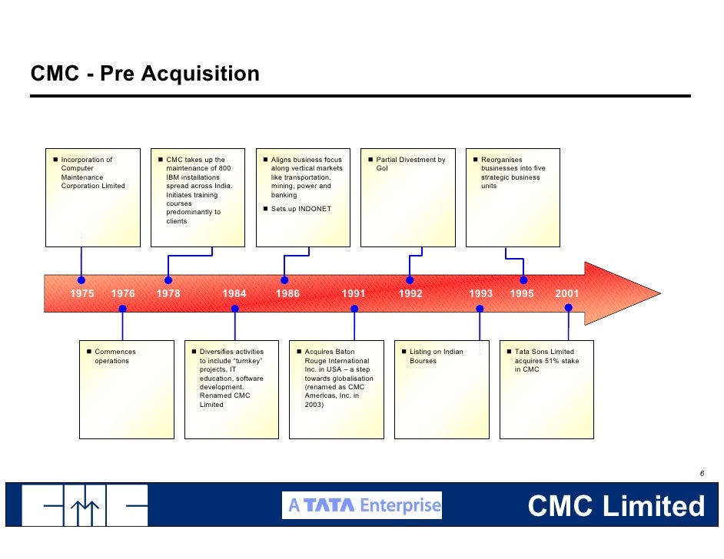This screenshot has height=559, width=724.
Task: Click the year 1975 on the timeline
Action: tap(82, 293)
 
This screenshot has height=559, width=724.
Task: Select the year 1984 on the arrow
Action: tap(234, 293)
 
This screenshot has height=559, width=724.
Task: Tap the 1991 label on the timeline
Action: tap(354, 293)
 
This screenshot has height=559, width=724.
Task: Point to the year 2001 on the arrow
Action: tap(567, 293)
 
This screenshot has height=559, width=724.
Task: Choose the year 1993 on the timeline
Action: tap(481, 293)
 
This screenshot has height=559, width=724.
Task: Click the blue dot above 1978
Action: tap(168, 280)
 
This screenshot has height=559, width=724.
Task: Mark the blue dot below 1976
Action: tap(122, 309)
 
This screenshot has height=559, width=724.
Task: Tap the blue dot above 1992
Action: tap(410, 280)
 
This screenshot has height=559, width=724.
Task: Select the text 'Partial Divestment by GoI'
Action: tap(410, 164)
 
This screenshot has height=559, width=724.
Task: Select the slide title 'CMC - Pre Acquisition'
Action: tap(144, 74)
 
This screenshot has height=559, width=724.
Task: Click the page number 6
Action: tap(702, 473)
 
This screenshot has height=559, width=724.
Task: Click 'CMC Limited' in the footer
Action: tap(616, 506)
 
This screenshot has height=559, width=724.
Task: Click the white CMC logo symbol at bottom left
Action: tap(84, 505)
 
